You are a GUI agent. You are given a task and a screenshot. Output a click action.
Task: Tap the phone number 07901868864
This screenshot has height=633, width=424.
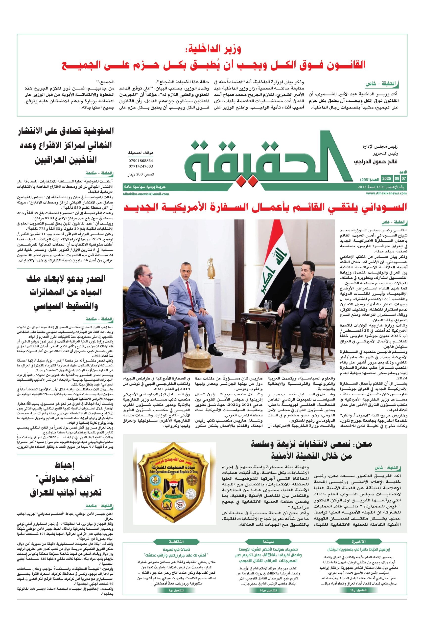point(141,161)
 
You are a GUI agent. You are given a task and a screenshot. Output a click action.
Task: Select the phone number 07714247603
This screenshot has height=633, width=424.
point(141,166)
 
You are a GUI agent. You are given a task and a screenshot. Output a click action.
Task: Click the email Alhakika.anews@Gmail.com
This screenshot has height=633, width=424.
point(145,194)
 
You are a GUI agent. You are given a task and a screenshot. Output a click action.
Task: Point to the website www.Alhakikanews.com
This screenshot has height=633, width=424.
point(387,193)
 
